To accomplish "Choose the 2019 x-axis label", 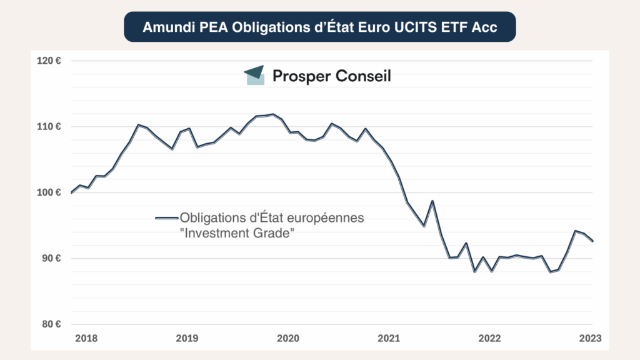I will pyautogui.click(x=187, y=338).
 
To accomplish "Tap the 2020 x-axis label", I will pyautogui.click(x=287, y=338).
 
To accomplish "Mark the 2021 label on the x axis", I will pyautogui.click(x=388, y=338).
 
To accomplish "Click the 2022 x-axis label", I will pyautogui.click(x=489, y=338).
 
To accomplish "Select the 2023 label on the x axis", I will pyautogui.click(x=590, y=338).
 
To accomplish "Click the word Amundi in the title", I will pyautogui.click(x=162, y=27).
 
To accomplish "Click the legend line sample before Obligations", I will pyautogui.click(x=167, y=218).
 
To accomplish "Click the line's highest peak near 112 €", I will pyautogui.click(x=273, y=114).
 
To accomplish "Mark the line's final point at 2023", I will pyautogui.click(x=592, y=241).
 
